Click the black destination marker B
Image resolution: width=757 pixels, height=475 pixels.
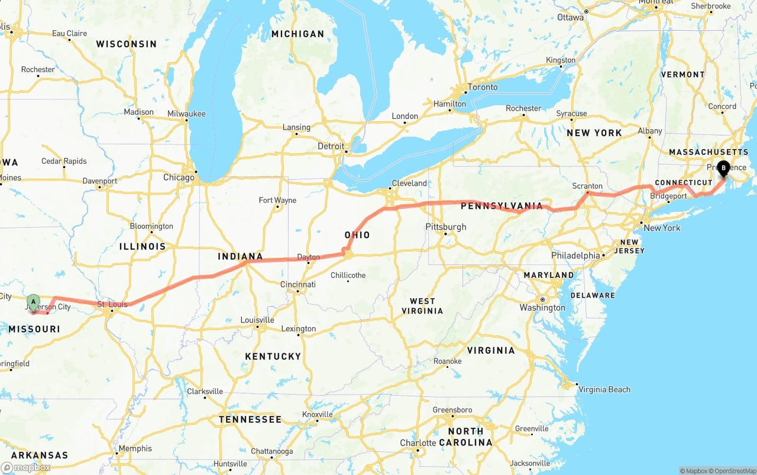(x=723, y=167)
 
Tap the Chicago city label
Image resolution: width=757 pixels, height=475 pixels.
(x=179, y=177)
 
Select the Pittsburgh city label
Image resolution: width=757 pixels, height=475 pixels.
(x=446, y=227)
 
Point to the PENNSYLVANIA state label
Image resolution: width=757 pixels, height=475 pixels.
(x=502, y=206)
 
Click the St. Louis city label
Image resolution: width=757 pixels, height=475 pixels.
(x=112, y=305)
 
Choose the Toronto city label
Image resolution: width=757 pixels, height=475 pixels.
(x=483, y=87)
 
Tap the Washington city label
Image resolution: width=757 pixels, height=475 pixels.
(x=542, y=308)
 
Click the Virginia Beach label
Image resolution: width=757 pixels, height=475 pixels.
(x=604, y=389)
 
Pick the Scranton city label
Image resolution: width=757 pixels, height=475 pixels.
(x=587, y=186)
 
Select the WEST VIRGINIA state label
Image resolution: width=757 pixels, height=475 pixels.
(x=422, y=306)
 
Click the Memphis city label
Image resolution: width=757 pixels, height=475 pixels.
(x=135, y=448)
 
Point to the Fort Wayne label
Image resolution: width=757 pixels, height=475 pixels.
(x=277, y=200)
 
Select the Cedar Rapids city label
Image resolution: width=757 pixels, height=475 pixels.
(x=64, y=161)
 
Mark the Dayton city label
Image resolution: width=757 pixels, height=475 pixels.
(x=308, y=257)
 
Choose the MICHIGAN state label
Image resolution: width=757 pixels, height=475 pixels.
(x=297, y=34)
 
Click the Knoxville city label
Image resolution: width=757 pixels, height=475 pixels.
(x=318, y=414)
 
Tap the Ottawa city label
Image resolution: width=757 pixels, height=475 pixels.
(x=570, y=17)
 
